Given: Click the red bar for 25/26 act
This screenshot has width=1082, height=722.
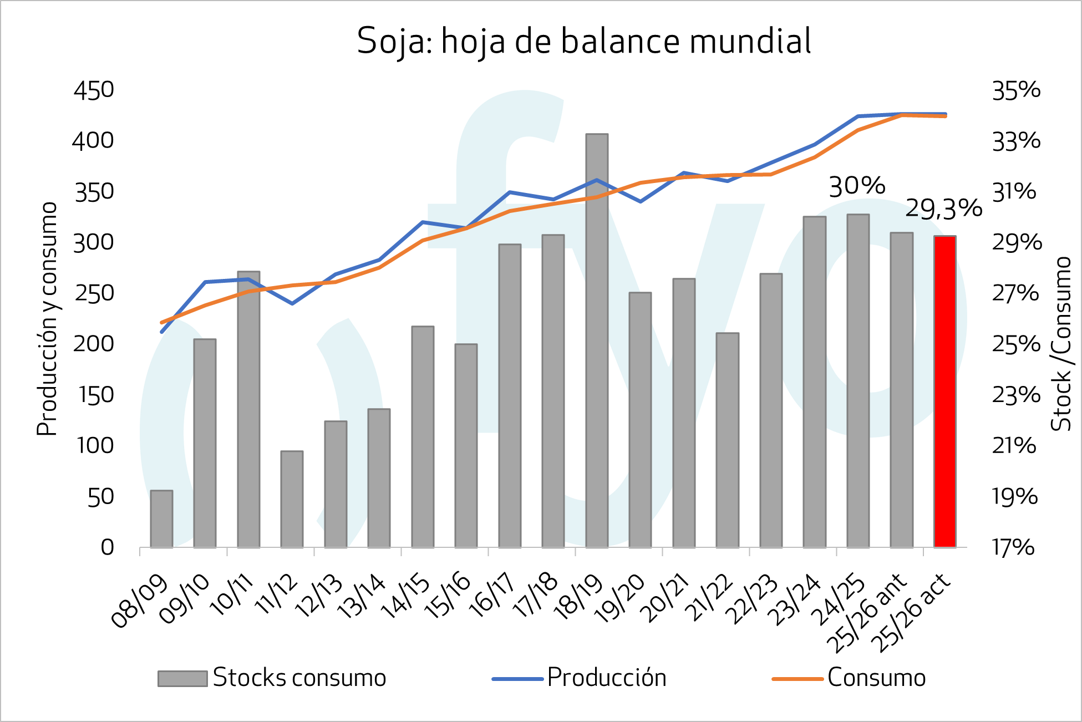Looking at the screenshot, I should [944, 391].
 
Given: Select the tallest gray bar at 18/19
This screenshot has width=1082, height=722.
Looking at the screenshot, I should [597, 340].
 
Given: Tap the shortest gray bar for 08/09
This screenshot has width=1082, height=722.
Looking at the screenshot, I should [161, 519].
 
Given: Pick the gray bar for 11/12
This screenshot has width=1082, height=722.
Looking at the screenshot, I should [292, 499].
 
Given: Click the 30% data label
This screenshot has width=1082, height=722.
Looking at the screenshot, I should [857, 186].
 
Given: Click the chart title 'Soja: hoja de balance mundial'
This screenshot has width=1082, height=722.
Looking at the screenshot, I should [584, 41].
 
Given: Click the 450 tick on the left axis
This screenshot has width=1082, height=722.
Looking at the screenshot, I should [94, 90].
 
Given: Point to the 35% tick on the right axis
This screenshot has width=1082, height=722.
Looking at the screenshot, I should [1016, 90].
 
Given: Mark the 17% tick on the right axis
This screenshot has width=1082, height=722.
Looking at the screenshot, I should [1013, 547].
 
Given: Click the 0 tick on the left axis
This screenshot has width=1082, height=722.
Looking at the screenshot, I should [107, 547].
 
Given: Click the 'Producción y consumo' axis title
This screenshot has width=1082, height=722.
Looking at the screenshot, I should [47, 319].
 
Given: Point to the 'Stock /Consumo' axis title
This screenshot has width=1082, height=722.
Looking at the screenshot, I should [1061, 344].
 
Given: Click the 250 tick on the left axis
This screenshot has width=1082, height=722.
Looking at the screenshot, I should [94, 293].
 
